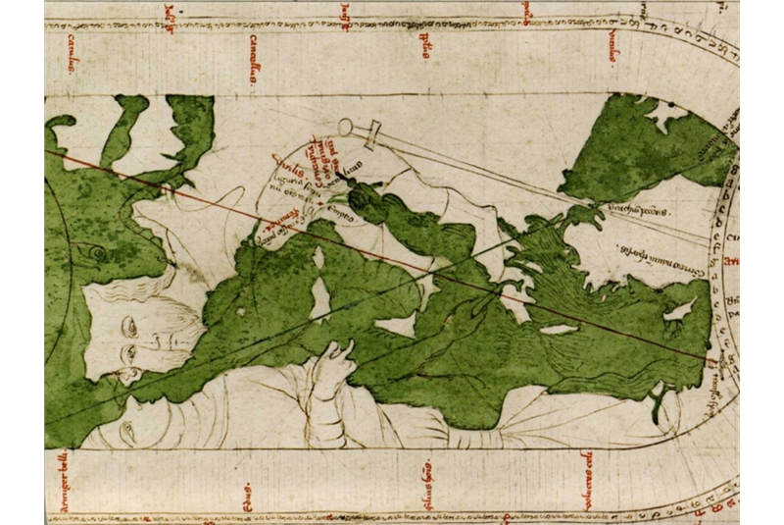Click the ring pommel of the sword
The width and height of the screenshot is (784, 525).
(x=345, y=126)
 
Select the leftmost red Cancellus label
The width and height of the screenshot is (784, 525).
(x=73, y=54)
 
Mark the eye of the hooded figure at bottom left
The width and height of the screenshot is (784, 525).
(x=124, y=429)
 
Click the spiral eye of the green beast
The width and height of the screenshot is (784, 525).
(x=97, y=252)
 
